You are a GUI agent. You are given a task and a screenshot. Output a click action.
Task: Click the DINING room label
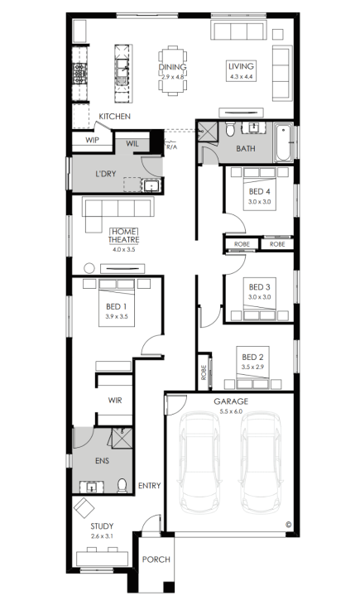point(172,67)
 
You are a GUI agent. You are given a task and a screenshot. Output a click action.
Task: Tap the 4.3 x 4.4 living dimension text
point(242,77)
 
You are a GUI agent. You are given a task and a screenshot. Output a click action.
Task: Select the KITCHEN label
point(114,117)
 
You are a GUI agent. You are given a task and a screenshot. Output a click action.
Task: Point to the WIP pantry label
point(92,140)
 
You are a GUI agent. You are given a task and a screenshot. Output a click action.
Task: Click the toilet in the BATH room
point(230,129)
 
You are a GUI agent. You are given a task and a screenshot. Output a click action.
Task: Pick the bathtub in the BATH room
point(284,142)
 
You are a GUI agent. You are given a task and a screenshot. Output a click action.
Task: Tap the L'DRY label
point(105,174)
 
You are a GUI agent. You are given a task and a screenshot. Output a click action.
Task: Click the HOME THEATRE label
point(124,236)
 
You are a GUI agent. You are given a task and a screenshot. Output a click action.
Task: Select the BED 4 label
point(260,191)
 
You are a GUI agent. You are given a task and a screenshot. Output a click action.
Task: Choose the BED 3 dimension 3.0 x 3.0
point(260,297)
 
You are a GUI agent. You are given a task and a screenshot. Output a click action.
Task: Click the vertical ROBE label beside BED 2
point(204,372)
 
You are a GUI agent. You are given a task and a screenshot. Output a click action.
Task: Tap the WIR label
point(115,401)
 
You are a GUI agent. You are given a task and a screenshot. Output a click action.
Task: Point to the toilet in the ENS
point(122,486)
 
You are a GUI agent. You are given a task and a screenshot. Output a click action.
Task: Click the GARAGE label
point(231,401)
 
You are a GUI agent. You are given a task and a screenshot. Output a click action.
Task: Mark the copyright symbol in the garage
point(288,524)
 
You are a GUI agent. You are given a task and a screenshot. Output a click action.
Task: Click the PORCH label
point(156,560)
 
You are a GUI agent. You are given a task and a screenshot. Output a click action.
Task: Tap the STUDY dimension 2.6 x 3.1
point(102,536)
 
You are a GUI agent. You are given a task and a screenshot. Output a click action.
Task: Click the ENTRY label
point(150,486)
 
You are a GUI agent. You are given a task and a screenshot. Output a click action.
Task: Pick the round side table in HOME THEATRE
point(89,268)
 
